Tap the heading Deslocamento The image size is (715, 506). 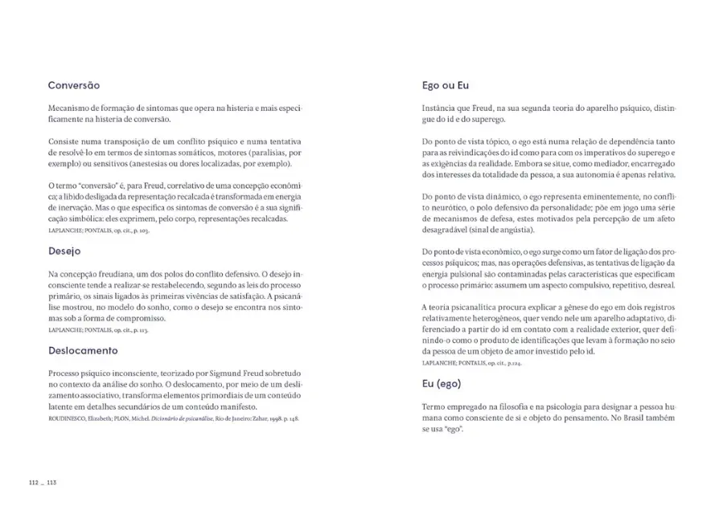(83, 351)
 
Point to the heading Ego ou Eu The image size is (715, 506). (445, 85)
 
